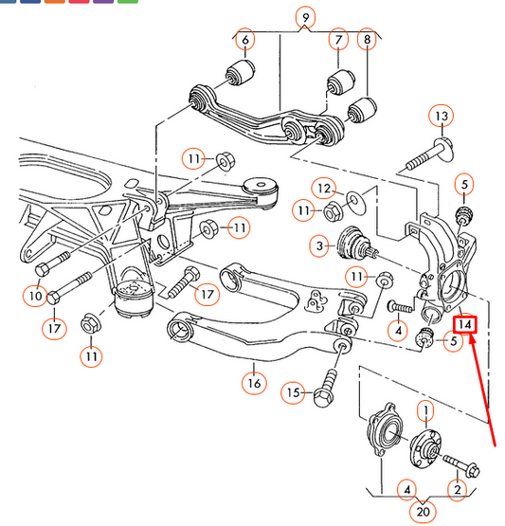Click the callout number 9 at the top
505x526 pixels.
[305, 17]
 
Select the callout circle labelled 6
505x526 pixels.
[245, 40]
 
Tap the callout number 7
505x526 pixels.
[338, 39]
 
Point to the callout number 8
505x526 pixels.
[367, 39]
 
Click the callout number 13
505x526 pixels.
[442, 116]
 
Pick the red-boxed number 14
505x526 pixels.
[465, 324]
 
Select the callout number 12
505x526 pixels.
[324, 189]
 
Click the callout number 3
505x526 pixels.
[319, 245]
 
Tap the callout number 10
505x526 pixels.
[36, 296]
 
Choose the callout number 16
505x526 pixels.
[254, 383]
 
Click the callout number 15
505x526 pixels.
[294, 392]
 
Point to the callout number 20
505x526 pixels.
[423, 512]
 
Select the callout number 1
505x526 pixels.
[425, 410]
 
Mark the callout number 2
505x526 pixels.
[458, 490]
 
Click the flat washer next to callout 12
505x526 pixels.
[354, 202]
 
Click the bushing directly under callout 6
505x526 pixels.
[240, 72]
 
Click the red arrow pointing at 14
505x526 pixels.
[482, 390]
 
